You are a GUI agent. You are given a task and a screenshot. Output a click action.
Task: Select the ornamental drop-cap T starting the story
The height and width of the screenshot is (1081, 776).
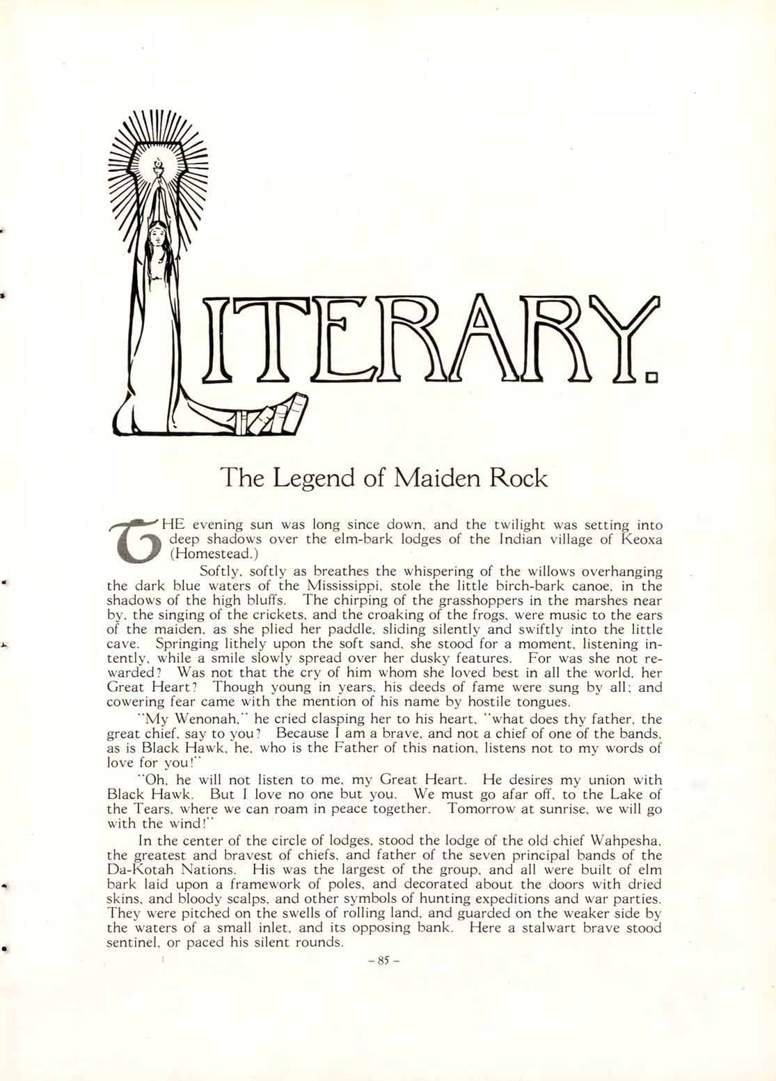pyautogui.click(x=136, y=540)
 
